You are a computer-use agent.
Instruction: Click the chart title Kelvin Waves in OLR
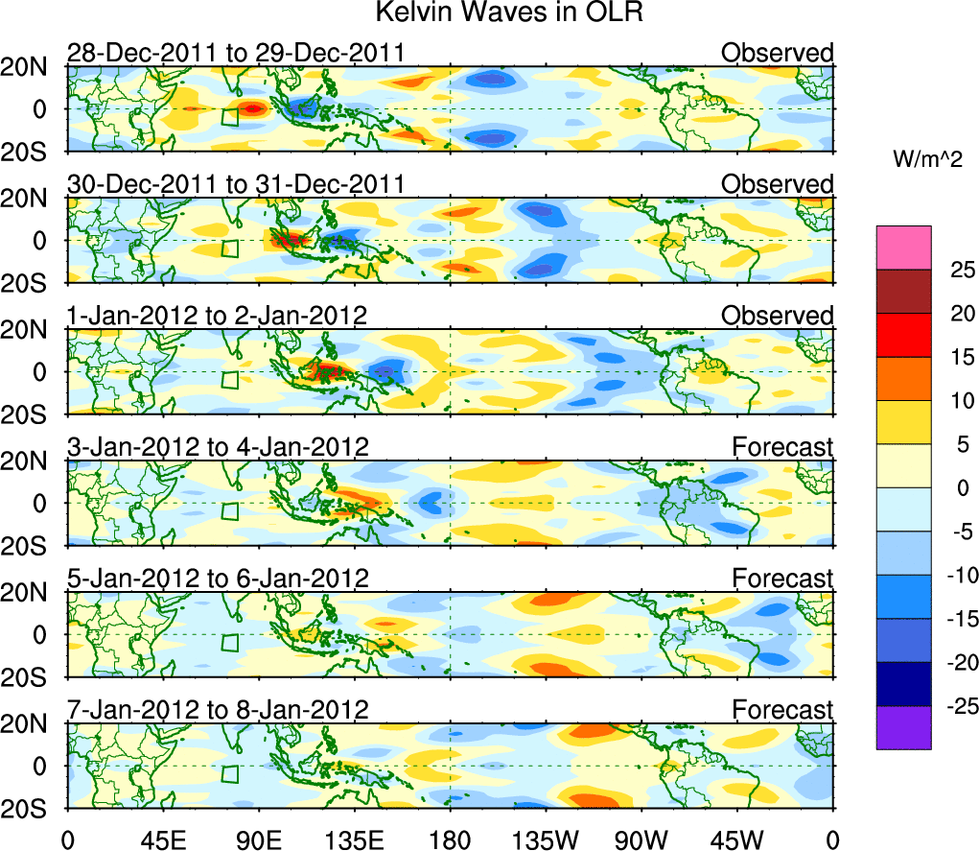[x=489, y=13]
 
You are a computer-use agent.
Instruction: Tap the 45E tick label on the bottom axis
[x=162, y=838]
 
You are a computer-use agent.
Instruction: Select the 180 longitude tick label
[x=450, y=838]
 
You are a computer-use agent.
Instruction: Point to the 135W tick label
[x=546, y=838]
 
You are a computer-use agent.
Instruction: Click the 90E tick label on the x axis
[x=258, y=838]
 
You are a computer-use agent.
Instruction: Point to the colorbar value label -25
[x=952, y=707]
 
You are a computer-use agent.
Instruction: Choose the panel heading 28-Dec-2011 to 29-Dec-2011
[x=235, y=53]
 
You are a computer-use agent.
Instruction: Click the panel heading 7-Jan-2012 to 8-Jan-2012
[x=219, y=709]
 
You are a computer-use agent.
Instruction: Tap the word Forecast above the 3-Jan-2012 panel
[x=782, y=446]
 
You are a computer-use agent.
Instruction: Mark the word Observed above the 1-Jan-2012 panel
[x=777, y=316]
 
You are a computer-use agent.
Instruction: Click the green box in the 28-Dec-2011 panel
[x=230, y=117]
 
